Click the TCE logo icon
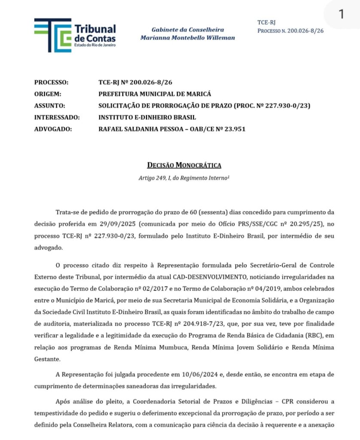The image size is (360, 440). [x=52, y=35]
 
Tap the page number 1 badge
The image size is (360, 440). [x=342, y=14]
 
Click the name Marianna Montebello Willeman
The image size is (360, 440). [x=187, y=37]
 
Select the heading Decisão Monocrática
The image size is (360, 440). [x=184, y=165]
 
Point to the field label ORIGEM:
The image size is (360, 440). [x=48, y=94]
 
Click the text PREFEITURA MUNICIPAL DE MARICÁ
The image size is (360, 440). [x=155, y=94]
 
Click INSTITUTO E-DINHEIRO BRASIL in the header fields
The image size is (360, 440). [x=147, y=117]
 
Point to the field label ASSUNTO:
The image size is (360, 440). [x=49, y=105]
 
